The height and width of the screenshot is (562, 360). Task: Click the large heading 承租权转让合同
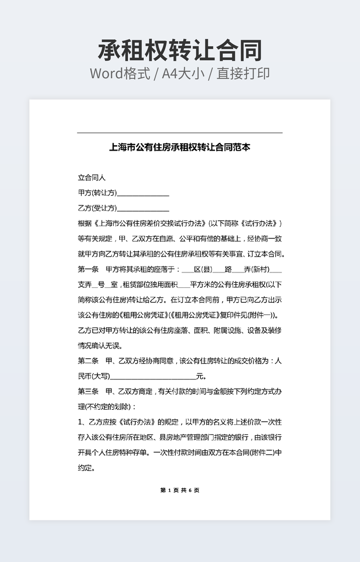coord(180,51)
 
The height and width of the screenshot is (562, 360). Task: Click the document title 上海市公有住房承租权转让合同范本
coord(180,147)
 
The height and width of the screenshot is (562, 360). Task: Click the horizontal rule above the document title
coord(180,133)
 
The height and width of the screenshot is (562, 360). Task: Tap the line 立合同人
coord(92,178)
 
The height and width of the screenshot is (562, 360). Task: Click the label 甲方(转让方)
coord(97,193)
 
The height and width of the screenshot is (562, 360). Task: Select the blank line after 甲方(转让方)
coord(143,194)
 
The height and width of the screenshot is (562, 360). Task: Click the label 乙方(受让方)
coord(97,208)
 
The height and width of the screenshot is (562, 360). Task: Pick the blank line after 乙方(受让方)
coord(143,209)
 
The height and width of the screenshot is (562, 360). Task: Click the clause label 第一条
coord(88,269)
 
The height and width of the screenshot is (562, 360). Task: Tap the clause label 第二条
coord(88,361)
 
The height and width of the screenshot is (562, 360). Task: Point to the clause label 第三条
coord(88,392)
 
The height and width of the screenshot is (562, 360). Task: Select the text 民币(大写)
coord(94,376)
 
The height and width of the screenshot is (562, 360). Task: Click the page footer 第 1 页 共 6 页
coord(180,490)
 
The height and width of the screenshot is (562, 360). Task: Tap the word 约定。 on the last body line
coord(86,468)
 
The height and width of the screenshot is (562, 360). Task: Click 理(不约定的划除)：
coord(107,407)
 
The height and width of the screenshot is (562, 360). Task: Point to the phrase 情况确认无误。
coord(100,345)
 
